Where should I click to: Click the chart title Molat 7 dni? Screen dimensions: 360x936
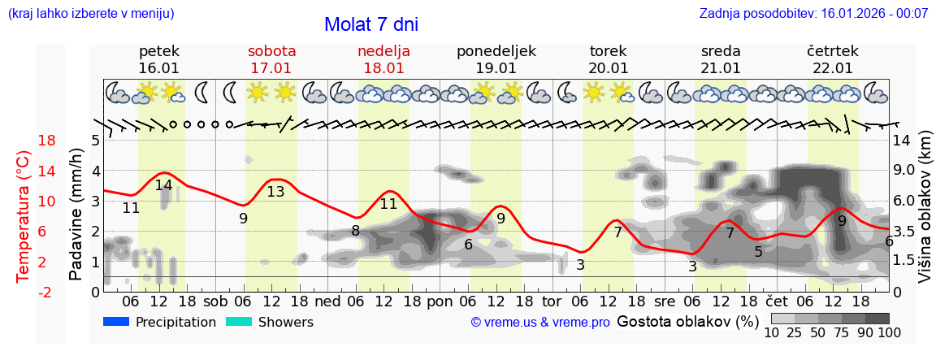tap(371, 24)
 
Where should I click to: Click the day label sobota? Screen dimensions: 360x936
tap(271, 51)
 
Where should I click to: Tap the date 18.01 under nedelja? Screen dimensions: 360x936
tap(383, 68)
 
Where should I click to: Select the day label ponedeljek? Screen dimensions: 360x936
tap(496, 51)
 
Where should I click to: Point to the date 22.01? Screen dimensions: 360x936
tap(832, 68)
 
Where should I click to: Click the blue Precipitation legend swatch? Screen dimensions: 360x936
tap(116, 322)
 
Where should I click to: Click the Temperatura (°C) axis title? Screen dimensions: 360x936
tap(23, 215)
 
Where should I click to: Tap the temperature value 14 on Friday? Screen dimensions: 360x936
tap(163, 185)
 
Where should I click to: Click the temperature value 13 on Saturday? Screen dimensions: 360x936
tap(275, 192)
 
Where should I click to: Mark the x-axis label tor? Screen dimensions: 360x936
tap(552, 301)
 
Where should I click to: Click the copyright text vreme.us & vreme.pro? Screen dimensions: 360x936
tap(540, 323)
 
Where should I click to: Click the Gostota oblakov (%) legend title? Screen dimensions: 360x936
tap(687, 321)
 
